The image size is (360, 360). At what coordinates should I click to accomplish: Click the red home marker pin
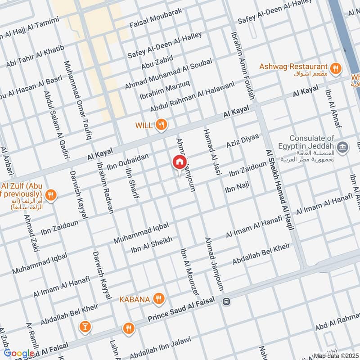(179, 162)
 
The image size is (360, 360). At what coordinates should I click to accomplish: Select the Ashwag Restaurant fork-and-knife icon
(335, 68)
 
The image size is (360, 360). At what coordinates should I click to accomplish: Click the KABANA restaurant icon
(158, 298)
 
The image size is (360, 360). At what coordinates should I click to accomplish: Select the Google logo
(18, 353)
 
